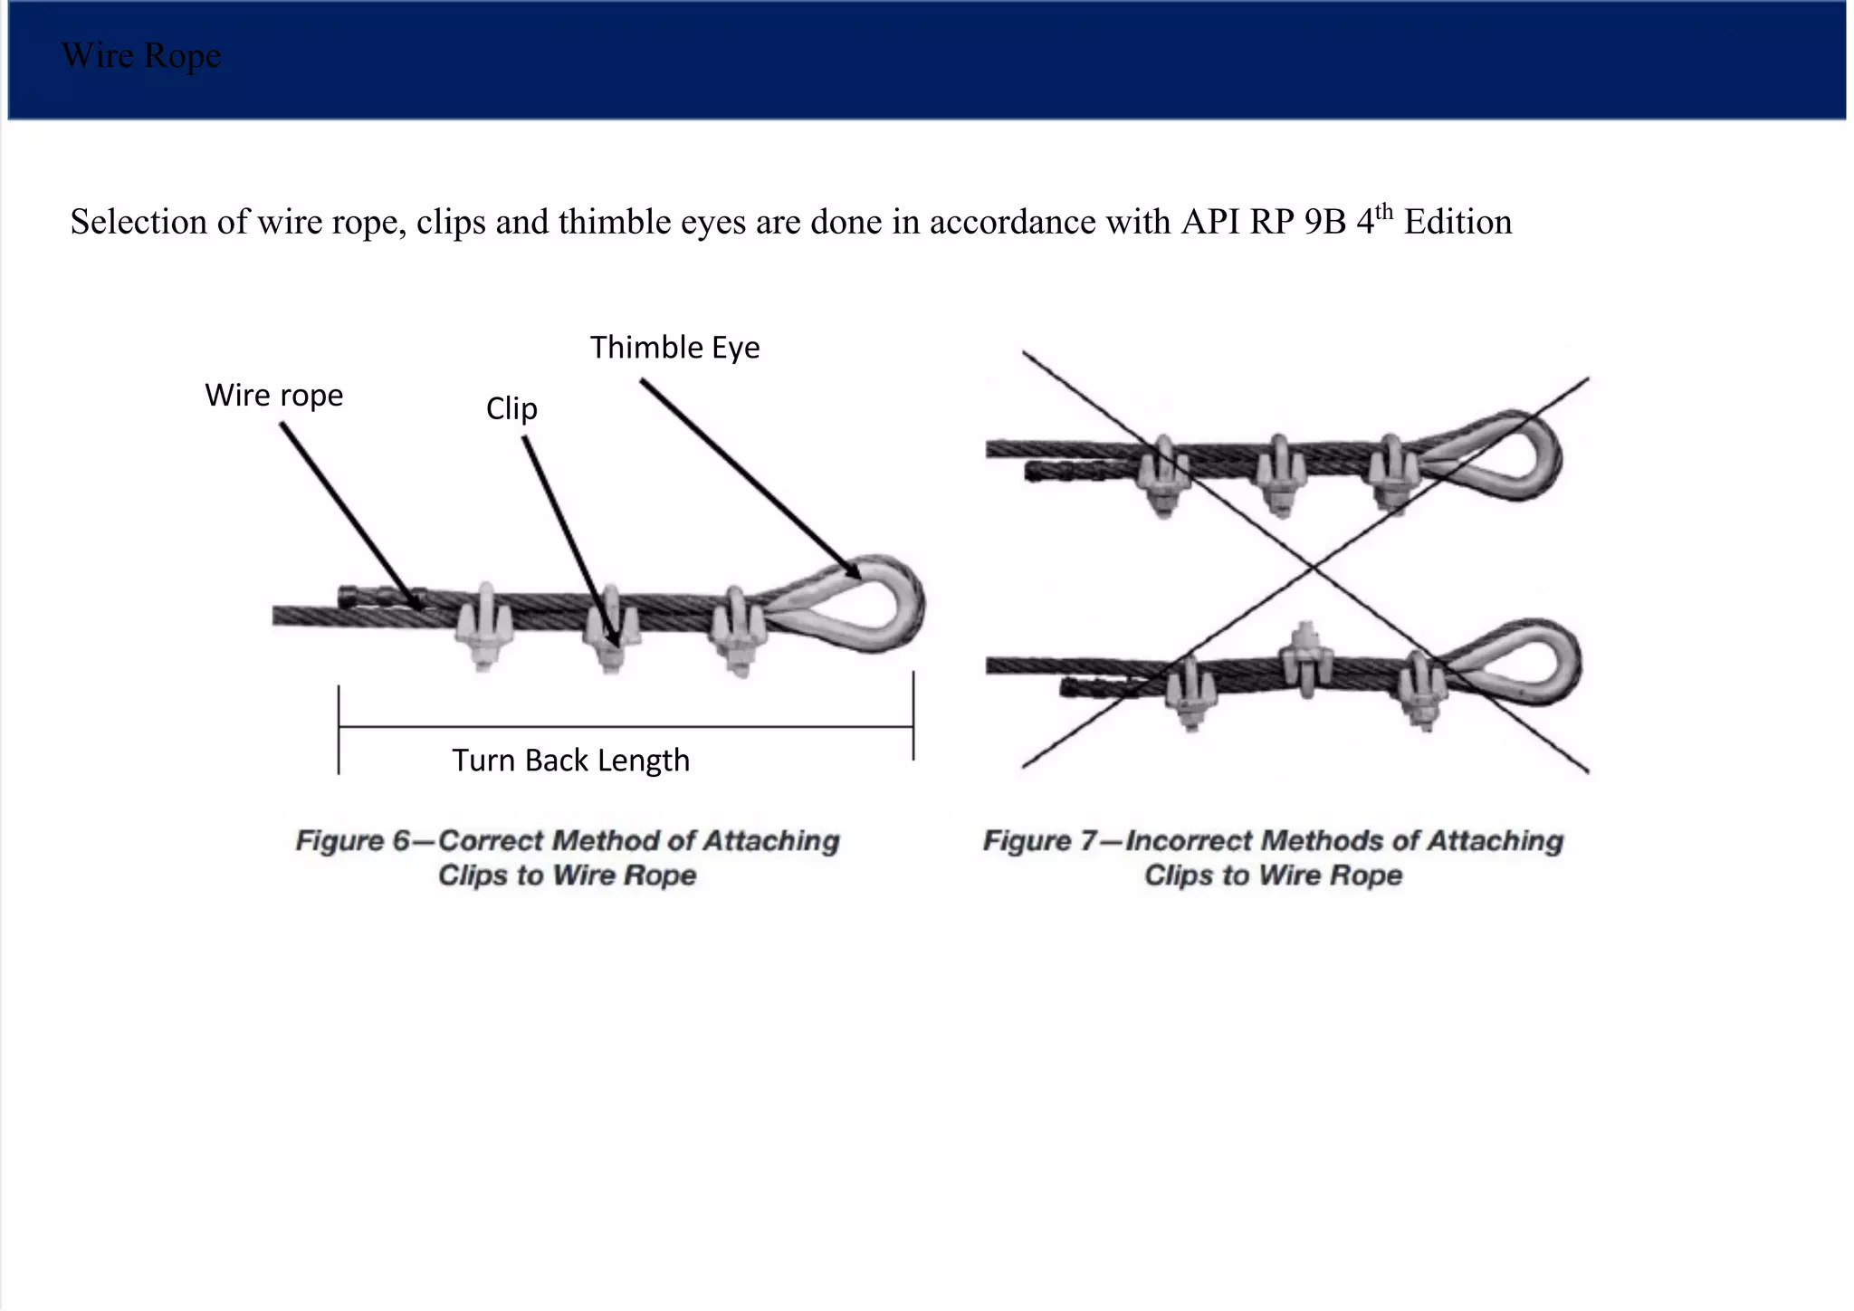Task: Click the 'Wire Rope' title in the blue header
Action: click(141, 56)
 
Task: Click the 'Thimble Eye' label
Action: click(674, 348)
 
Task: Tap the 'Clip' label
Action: click(511, 408)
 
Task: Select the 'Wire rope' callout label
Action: click(273, 396)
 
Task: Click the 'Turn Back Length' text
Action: click(570, 761)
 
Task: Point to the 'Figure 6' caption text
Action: click(568, 857)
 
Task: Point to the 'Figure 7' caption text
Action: click(1273, 857)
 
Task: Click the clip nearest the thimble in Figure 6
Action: click(738, 629)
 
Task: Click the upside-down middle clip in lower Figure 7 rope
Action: click(1304, 656)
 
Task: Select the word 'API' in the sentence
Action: click(1210, 223)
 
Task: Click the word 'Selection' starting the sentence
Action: click(139, 223)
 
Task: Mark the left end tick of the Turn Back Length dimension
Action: click(339, 729)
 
